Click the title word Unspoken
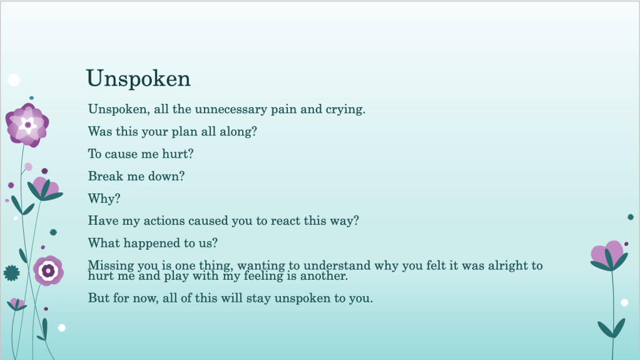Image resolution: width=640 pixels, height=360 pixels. pyautogui.click(x=138, y=79)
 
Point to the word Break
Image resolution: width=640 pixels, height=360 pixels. pyautogui.click(x=106, y=176)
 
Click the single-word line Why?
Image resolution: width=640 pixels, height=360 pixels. pyautogui.click(x=104, y=198)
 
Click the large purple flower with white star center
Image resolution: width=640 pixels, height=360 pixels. pyautogui.click(x=28, y=125)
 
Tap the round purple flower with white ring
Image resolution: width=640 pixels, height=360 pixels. pyautogui.click(x=48, y=270)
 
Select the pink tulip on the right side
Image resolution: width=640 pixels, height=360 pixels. pyautogui.click(x=609, y=255)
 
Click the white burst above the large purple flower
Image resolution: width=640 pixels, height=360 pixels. pyautogui.click(x=14, y=80)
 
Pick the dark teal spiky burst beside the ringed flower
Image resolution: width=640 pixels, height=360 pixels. pyautogui.click(x=11, y=273)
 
